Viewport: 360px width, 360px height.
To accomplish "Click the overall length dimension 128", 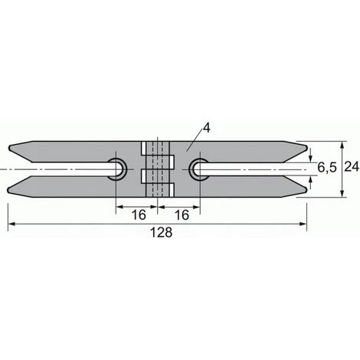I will [159, 234].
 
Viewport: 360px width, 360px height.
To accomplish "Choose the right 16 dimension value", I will [181, 216].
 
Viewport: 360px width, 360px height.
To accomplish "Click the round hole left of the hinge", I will [119, 169].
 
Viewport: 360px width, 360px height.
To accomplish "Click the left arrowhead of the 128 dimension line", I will [12, 224].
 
